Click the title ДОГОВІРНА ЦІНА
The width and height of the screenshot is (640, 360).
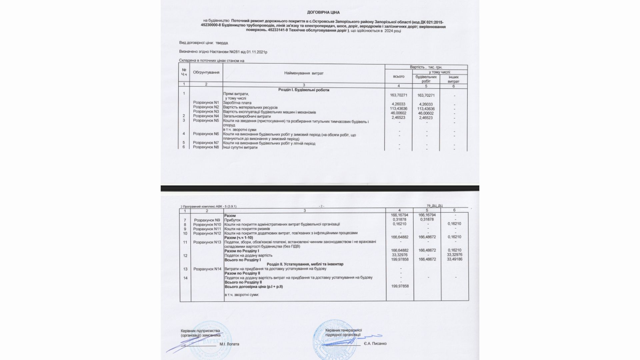coord(323,12)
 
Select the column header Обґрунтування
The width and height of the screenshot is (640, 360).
coord(206,73)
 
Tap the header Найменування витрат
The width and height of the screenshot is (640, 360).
coord(304,73)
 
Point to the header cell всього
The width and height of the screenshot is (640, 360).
coord(399,77)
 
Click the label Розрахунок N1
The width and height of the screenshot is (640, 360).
coord(206,102)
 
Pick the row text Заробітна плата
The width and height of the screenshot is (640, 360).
coord(237,103)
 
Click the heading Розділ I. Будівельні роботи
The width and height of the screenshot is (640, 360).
coord(304,90)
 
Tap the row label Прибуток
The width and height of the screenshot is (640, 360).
coord(232,220)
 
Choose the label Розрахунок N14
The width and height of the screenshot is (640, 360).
coord(207,269)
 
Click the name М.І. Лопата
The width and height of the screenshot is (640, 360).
coord(229,344)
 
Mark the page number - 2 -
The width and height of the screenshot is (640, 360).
coord(321,206)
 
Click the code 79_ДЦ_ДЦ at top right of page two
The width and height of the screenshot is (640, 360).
coord(434,206)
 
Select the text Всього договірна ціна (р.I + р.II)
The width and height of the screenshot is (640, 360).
coord(254,286)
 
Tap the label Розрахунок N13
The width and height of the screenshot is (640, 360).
coord(207,242)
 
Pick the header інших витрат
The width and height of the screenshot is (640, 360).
coord(453,79)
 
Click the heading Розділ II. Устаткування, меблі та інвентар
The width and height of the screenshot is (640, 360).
coord(305,264)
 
